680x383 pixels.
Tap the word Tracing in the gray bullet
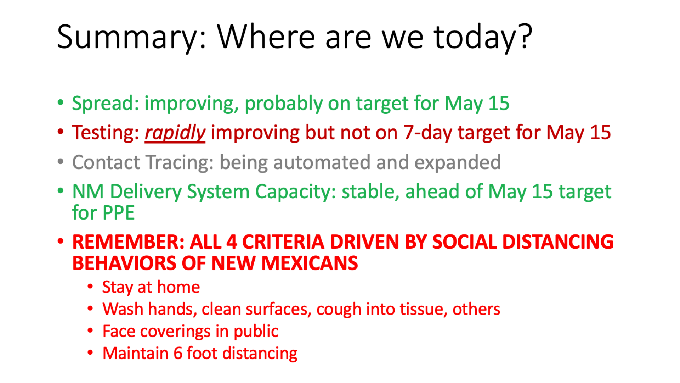[180, 163]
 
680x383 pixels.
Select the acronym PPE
[118, 213]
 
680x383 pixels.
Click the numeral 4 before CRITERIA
[232, 242]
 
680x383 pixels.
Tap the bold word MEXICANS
[310, 263]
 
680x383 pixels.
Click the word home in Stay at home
[178, 287]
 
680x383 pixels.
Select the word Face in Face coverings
[119, 331]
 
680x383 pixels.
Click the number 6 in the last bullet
[178, 354]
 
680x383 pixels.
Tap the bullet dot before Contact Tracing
[61, 162]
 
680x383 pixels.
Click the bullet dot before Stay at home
[90, 286]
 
